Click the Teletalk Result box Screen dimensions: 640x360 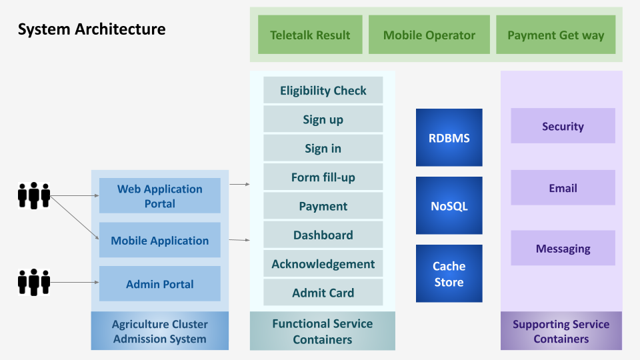click(x=310, y=35)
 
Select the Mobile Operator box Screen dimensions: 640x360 click(x=429, y=35)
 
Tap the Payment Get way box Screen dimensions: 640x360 click(x=555, y=35)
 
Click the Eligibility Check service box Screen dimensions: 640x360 click(x=323, y=90)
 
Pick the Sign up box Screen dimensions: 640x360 click(x=323, y=119)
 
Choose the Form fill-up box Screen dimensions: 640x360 click(x=323, y=177)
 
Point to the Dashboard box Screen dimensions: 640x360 click(x=323, y=235)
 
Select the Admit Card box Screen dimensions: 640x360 click(x=323, y=292)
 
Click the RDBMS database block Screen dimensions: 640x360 click(x=449, y=137)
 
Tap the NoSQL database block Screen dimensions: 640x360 click(x=449, y=206)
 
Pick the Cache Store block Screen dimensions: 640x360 click(x=449, y=273)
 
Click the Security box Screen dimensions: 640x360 click(x=563, y=126)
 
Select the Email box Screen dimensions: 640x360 click(x=563, y=187)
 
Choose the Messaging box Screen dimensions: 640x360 click(x=563, y=248)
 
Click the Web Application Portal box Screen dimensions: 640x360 click(x=159, y=195)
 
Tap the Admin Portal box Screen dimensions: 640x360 click(x=159, y=284)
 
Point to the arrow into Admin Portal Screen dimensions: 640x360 click(x=75, y=282)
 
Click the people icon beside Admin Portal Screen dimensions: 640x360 click(x=34, y=282)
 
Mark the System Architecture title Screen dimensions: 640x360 click(x=92, y=29)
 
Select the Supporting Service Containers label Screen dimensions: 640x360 click(x=561, y=331)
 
